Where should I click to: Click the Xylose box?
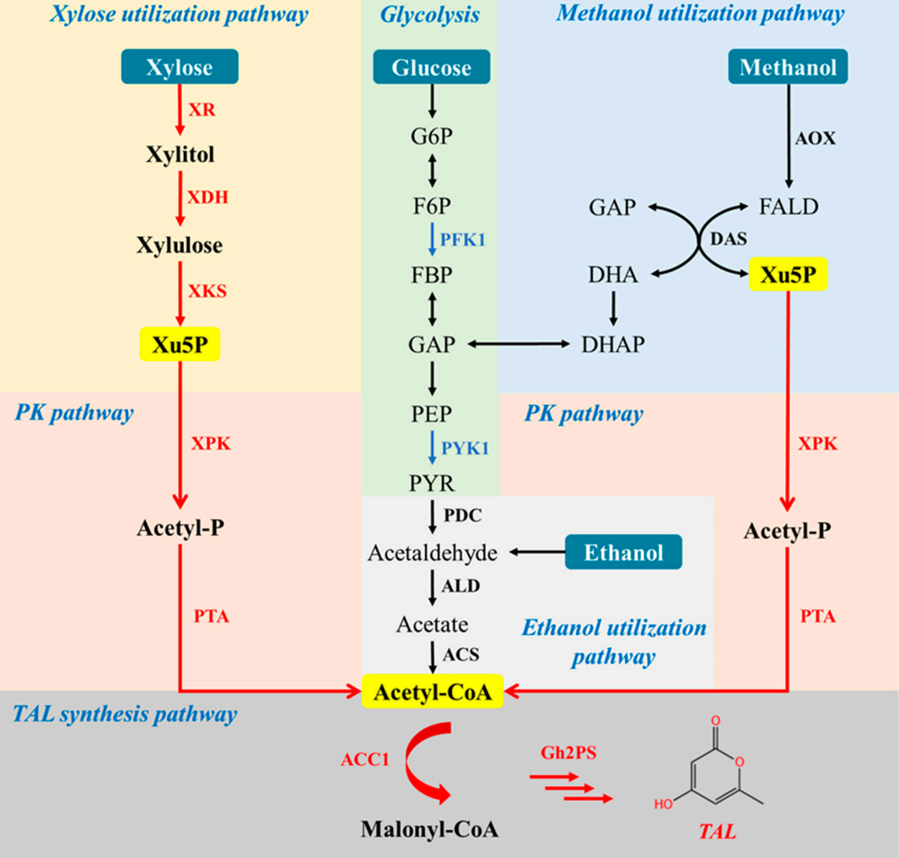pos(179,67)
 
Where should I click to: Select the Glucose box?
pos(431,67)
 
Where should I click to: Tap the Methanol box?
pos(787,67)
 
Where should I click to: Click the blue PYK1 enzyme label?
pos(465,448)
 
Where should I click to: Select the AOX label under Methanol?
pos(816,138)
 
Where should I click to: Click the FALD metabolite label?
pos(788,206)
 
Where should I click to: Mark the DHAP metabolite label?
pos(613,344)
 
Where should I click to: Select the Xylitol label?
pos(179,155)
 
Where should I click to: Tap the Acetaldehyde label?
pos(433,553)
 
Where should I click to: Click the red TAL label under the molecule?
pos(716,832)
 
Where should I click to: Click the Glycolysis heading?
pos(429,14)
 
